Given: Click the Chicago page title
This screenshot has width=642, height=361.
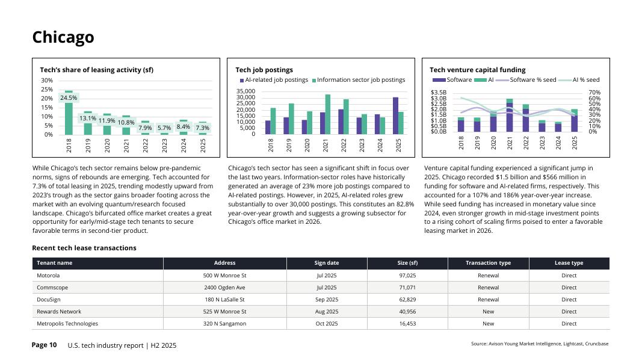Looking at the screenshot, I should click(63, 37).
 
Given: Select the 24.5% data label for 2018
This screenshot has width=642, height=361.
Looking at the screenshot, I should click(69, 97).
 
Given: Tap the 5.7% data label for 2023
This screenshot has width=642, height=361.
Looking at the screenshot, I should click(164, 128).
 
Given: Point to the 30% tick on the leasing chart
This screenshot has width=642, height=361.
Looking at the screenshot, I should click(46, 81).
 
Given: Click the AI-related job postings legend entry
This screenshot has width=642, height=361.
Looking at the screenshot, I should click(274, 80).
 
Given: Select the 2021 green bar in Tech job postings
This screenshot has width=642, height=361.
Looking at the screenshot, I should click(328, 114).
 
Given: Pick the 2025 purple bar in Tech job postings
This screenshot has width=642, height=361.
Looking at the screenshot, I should click(395, 116).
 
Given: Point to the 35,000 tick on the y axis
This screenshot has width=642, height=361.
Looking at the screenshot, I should click(247, 92).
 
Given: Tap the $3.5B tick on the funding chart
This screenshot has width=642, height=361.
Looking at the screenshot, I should click(439, 93).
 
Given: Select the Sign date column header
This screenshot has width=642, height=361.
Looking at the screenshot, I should click(327, 263).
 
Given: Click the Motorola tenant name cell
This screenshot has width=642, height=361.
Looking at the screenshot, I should click(48, 276).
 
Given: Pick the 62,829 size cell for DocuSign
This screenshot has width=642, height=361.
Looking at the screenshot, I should click(407, 300).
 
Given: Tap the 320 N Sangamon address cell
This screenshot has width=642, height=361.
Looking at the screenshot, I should click(224, 324).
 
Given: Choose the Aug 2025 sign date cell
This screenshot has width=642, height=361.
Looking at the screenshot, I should click(327, 312).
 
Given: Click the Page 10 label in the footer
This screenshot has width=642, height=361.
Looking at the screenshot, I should click(44, 345).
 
